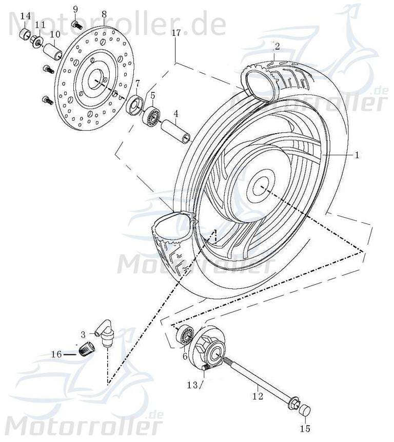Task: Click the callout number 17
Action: pos(176,33)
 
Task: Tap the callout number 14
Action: pos(25,16)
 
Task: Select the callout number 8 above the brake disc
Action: pos(104,14)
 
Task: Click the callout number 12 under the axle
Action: pos(259,395)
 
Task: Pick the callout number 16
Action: pos(55,354)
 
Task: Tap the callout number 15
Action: pos(305,429)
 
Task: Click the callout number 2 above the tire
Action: pos(277,47)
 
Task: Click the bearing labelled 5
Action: pos(152,117)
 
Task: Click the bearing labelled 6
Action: pos(185,336)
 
